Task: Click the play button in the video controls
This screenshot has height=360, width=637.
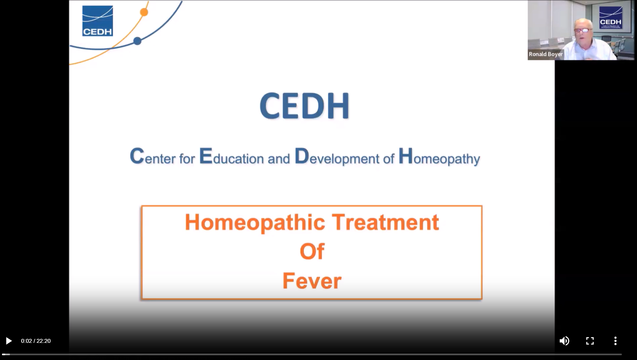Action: [9, 341]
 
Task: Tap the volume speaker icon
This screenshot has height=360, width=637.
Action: [564, 341]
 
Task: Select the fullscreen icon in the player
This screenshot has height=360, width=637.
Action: [590, 341]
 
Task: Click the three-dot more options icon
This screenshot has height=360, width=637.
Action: [615, 341]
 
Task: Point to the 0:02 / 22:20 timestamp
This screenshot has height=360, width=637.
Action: [36, 341]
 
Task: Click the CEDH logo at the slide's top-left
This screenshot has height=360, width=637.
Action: [98, 21]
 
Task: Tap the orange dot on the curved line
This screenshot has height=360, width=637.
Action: [144, 12]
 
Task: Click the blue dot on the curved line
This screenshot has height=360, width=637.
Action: [137, 41]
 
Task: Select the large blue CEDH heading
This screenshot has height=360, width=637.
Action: [305, 106]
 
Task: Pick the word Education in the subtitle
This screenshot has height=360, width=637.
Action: [231, 157]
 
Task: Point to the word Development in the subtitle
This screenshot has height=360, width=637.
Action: [337, 157]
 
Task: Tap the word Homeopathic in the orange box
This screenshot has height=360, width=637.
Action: [255, 222]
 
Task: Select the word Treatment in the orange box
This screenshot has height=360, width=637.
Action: [385, 222]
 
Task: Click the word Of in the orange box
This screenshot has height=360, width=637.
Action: [312, 252]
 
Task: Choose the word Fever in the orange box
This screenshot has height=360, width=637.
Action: [312, 281]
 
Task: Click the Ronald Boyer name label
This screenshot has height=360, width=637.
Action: [545, 54]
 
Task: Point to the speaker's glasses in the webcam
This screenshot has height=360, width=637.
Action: [583, 30]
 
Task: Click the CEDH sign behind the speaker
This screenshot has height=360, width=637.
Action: [610, 18]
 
